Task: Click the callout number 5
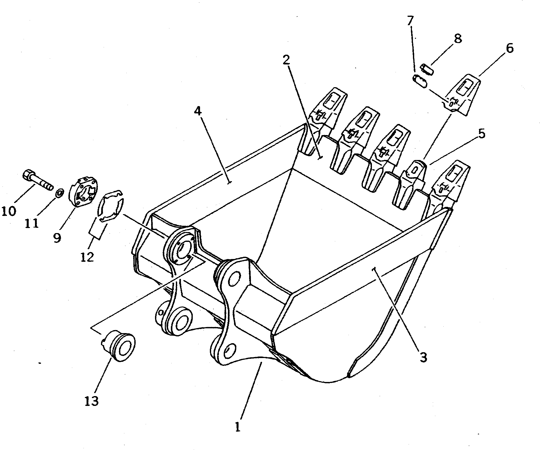click(481, 133)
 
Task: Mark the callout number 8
click(458, 39)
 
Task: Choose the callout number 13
click(92, 401)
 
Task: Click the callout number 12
click(87, 257)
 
